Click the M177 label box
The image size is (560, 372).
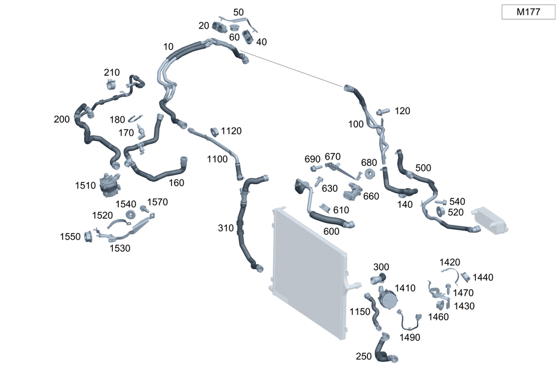click(528, 12)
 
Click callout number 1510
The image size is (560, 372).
click(86, 185)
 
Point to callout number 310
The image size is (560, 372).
click(226, 228)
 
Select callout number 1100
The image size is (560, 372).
click(217, 159)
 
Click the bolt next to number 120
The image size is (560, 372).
click(384, 111)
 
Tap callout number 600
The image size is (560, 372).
click(331, 231)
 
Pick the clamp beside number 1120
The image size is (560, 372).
click(213, 132)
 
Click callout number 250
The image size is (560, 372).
click(364, 356)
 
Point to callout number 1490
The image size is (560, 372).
click(410, 337)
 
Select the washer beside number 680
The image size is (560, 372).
click(370, 174)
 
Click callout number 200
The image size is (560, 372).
click(62, 119)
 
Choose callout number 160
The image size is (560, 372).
click(176, 183)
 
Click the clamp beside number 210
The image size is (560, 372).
click(111, 85)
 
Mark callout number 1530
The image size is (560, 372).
click(120, 248)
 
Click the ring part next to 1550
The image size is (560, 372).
click(88, 237)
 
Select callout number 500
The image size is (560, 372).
click(423, 168)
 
